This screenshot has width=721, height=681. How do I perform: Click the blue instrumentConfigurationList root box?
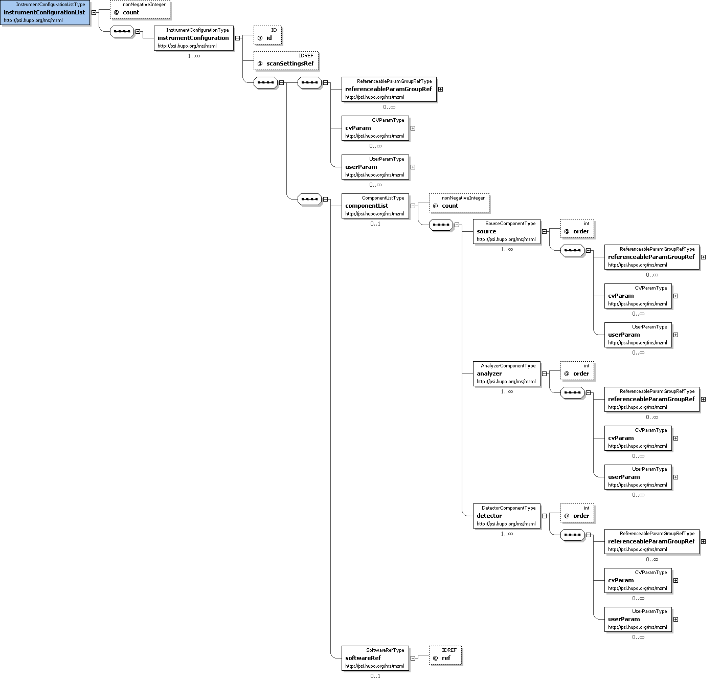click(46, 13)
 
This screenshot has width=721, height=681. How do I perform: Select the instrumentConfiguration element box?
click(193, 38)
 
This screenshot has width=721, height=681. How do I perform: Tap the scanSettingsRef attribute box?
click(286, 60)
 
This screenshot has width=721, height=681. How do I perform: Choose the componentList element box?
click(375, 206)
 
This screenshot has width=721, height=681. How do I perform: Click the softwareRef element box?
click(375, 658)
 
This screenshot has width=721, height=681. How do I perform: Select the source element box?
click(506, 231)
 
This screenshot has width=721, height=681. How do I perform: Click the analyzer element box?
click(506, 374)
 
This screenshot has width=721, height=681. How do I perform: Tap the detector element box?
click(506, 516)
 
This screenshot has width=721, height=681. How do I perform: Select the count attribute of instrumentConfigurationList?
click(140, 9)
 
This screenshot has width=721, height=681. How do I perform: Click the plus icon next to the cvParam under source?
click(675, 296)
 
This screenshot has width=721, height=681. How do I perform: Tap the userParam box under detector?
click(638, 619)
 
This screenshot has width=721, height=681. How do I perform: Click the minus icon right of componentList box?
click(413, 206)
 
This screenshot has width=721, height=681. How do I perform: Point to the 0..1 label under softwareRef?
click(375, 676)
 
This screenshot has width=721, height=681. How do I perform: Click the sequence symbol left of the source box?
click(441, 225)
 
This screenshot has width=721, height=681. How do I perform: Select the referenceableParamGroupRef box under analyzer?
click(651, 399)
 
